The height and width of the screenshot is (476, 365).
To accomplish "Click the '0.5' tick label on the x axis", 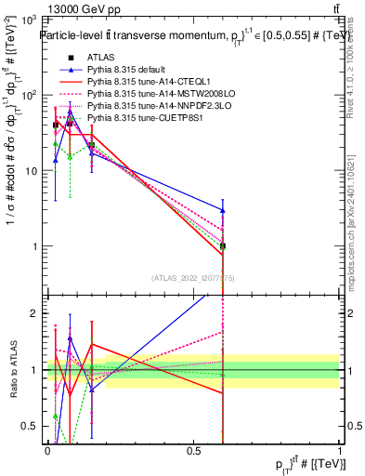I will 193,450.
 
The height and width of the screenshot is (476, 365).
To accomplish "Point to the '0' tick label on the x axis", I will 46,450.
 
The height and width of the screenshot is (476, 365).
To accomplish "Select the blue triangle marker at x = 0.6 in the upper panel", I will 222,210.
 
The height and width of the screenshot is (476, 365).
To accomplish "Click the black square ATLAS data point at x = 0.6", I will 222,246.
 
